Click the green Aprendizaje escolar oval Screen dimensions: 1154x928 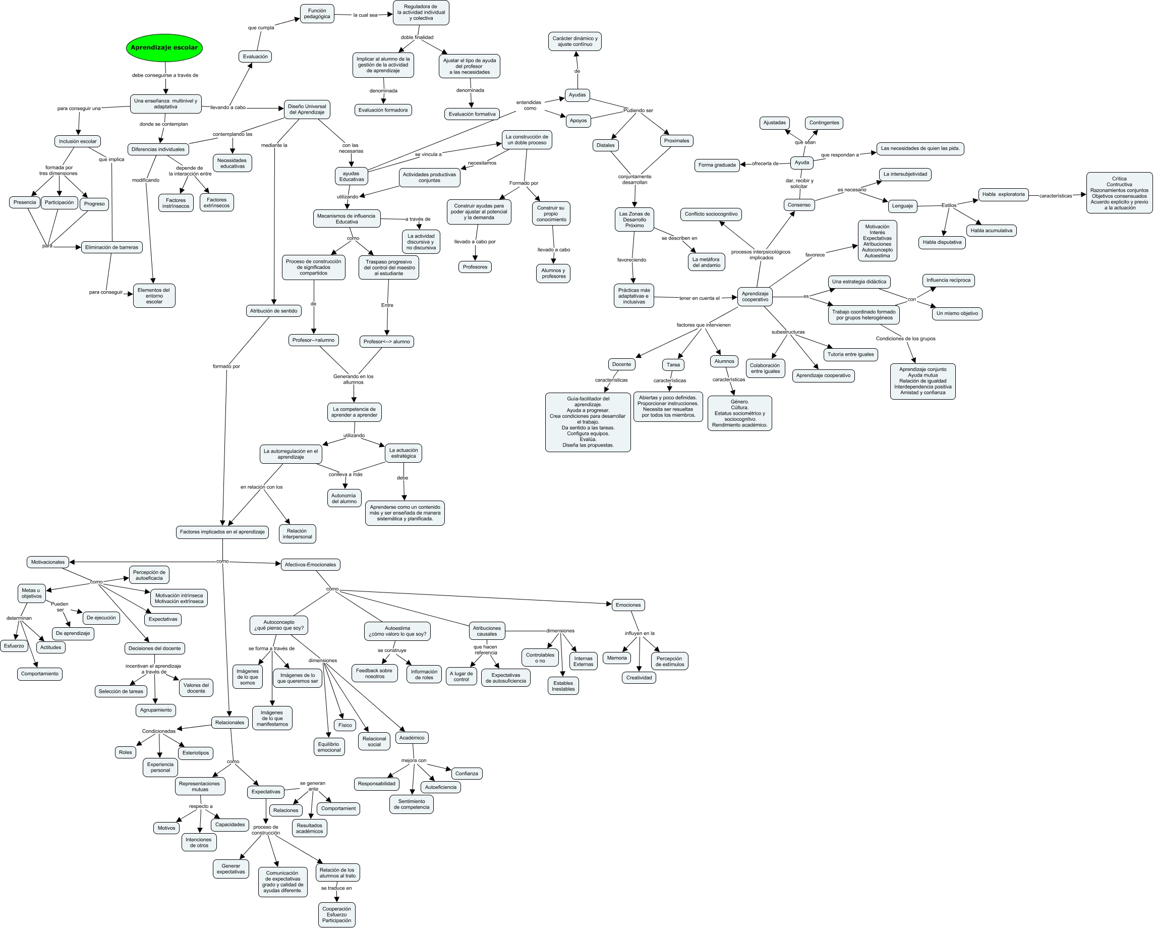[x=164, y=47]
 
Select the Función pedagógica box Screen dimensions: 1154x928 [x=317, y=14]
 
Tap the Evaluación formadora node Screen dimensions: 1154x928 [x=383, y=111]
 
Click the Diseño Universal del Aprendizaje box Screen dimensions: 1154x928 [x=307, y=109]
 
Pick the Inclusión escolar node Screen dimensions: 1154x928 [x=78, y=141]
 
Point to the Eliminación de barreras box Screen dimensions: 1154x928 [x=111, y=247]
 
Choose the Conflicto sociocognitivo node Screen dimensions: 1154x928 [x=711, y=214]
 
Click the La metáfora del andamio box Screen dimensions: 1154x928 [x=706, y=262]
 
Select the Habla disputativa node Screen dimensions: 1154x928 [x=942, y=243]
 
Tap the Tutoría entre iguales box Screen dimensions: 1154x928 [x=850, y=354]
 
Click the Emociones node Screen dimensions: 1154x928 [x=628, y=605]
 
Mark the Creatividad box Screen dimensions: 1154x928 [x=639, y=678]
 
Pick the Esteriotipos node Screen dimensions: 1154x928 [x=195, y=753]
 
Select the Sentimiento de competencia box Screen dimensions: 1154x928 [x=411, y=804]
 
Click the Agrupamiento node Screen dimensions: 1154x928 [x=156, y=710]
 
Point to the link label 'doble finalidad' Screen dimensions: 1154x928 [x=417, y=37]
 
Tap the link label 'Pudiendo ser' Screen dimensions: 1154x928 [x=638, y=111]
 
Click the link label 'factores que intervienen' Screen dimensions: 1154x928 [x=703, y=325]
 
